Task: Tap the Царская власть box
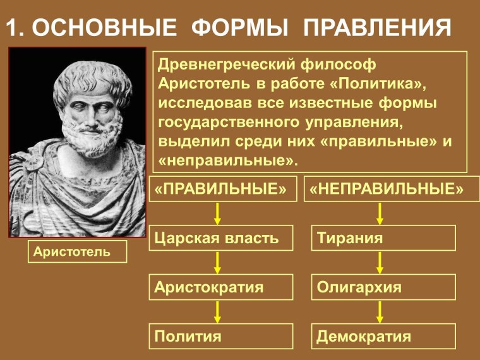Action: click(221, 238)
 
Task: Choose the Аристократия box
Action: click(221, 287)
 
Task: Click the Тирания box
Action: click(384, 238)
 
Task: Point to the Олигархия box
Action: click(384, 287)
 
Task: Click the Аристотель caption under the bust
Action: click(77, 252)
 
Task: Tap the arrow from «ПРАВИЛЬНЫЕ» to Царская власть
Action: click(217, 213)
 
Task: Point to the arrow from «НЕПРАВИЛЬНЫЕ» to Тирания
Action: click(380, 213)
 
